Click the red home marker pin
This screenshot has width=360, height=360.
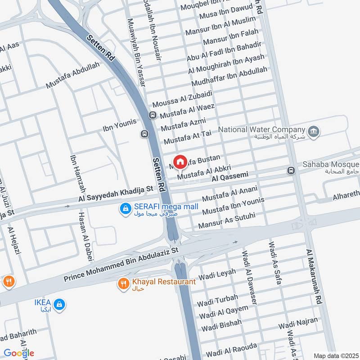coord(180,162)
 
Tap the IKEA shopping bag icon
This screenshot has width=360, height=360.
coord(60,305)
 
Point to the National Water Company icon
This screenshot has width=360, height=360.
coord(314,131)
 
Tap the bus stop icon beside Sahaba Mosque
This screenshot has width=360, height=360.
coord(291,171)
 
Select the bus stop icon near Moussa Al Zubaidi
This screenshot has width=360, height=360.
coord(153,115)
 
